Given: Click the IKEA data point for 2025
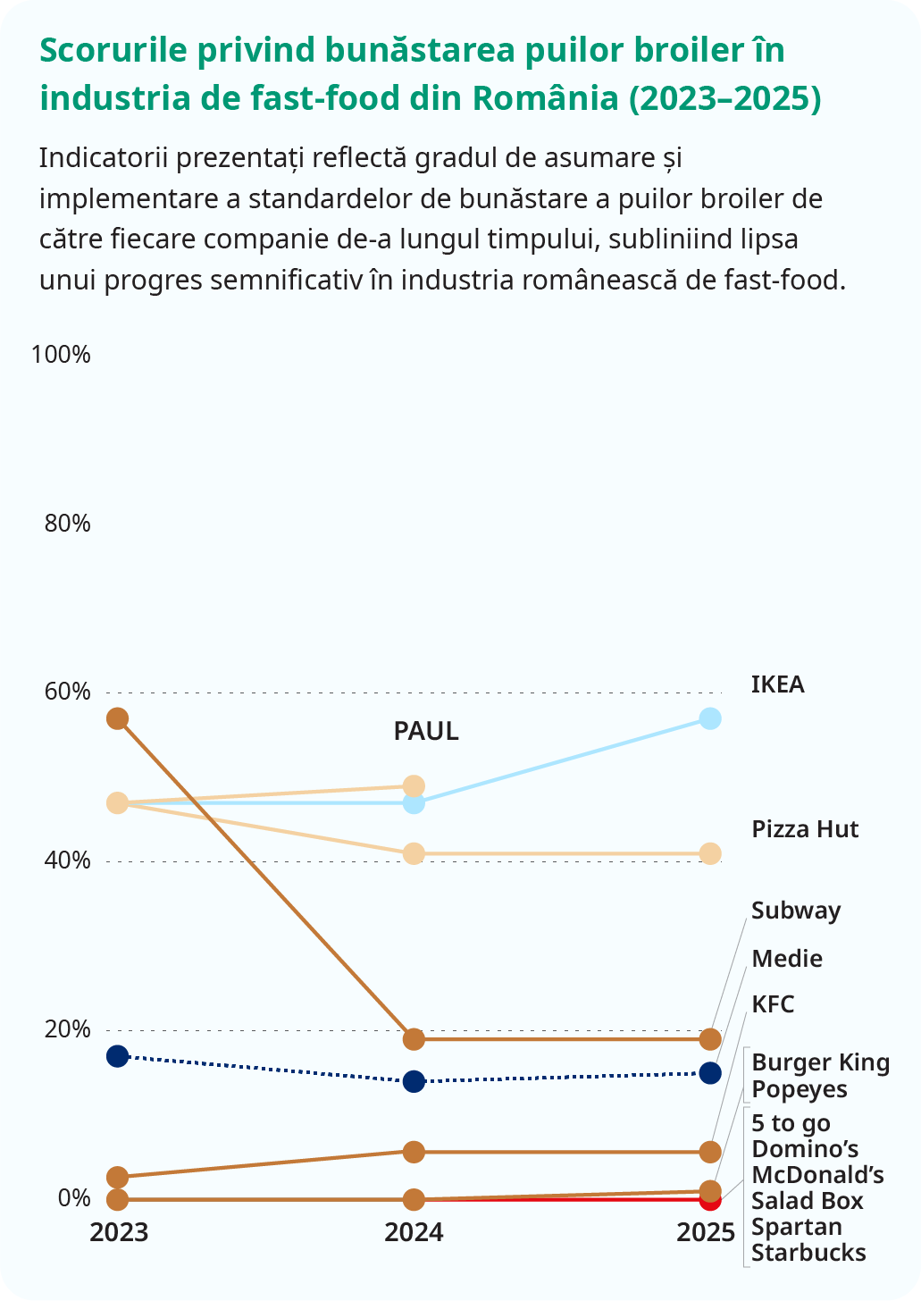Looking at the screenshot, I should (710, 718).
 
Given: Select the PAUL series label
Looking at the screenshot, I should (426, 732).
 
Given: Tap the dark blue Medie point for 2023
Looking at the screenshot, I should (117, 1056).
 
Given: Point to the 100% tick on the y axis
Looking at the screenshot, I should (61, 355).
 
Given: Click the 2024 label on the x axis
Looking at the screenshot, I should (414, 1233).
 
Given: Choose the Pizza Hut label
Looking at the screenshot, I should (805, 829).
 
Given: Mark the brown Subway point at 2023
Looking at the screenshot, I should (117, 718).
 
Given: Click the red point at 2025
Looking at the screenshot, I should (710, 1200).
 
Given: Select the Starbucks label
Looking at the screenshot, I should (808, 1253).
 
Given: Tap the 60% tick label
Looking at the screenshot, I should (68, 692).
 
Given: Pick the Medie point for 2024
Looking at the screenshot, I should (414, 1082).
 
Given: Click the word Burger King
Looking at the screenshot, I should (820, 1063).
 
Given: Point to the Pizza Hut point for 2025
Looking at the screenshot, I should (710, 854).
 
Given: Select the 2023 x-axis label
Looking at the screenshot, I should (119, 1233).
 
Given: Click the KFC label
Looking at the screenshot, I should (773, 1004).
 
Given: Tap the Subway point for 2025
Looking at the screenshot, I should (710, 1039).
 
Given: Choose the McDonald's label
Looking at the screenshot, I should (817, 1174).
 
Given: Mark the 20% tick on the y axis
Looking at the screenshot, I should (68, 1029).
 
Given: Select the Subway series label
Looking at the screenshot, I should (796, 911).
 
